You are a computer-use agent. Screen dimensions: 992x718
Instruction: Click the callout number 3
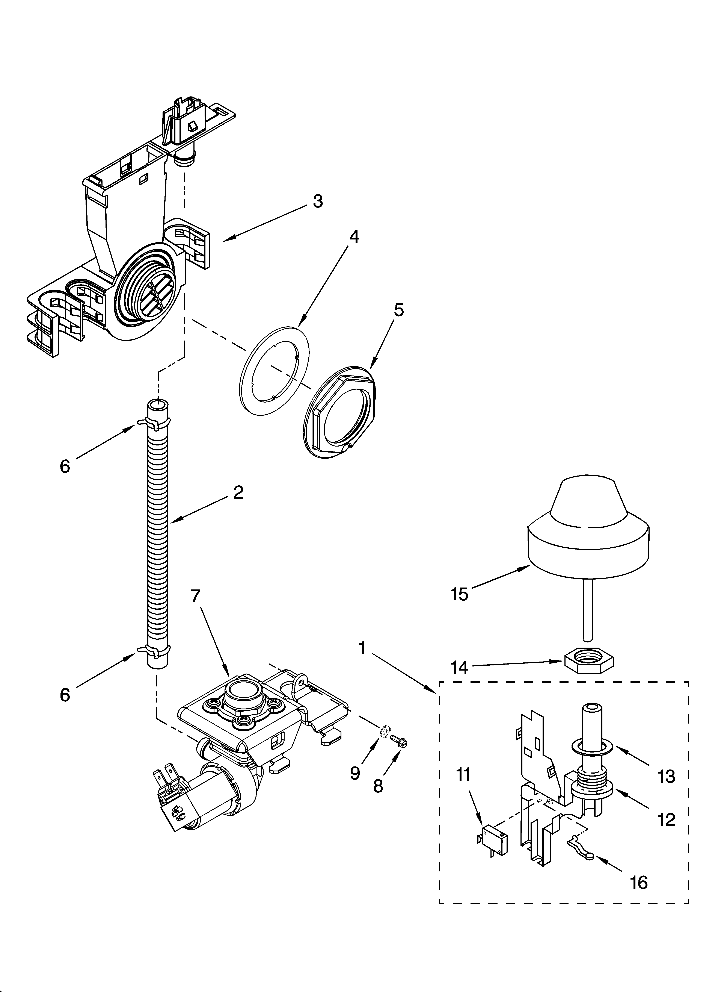pyautogui.click(x=318, y=201)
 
